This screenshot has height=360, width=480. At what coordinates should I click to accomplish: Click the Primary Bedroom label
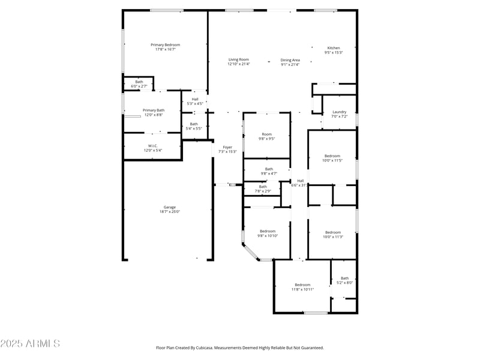(165, 45)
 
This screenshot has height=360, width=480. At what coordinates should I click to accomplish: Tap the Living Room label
(238, 59)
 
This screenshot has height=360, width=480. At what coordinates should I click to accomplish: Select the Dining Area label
(290, 60)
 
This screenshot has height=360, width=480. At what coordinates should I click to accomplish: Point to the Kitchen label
(333, 48)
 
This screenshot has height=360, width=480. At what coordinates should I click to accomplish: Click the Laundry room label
(339, 112)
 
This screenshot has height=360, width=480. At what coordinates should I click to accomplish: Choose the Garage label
(170, 207)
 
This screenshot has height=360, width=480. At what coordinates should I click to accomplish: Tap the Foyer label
(227, 147)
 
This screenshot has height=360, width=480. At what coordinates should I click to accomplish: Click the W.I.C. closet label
(152, 146)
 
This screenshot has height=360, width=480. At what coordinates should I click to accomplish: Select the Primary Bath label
(153, 110)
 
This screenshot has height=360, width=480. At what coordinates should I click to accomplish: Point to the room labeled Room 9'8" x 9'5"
(266, 134)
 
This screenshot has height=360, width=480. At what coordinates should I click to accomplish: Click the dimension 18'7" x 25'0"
(170, 211)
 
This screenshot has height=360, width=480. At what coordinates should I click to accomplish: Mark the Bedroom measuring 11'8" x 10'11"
(302, 284)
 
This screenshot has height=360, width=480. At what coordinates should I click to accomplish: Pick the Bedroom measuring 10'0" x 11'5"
(332, 156)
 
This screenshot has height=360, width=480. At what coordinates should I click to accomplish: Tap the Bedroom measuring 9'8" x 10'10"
(268, 231)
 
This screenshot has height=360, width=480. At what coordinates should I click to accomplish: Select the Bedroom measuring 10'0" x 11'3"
(332, 232)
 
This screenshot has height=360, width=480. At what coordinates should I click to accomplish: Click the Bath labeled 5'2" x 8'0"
(344, 278)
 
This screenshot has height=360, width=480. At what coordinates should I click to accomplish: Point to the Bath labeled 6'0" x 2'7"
(139, 82)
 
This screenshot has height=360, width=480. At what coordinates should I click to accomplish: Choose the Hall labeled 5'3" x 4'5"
(195, 100)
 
